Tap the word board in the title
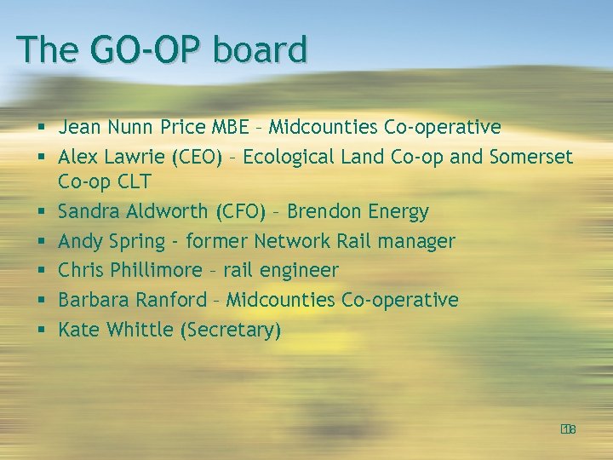260,49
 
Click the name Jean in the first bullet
77,128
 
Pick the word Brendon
327,211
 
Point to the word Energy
400,211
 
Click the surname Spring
135,242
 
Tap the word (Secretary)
231,330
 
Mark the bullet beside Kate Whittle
40,331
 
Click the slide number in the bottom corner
569,429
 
